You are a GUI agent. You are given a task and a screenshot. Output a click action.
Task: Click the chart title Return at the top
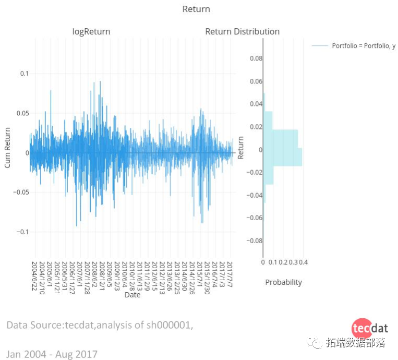196,9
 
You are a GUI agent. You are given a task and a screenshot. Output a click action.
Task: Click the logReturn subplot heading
91,32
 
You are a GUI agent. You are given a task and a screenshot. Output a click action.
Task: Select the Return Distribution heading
242,32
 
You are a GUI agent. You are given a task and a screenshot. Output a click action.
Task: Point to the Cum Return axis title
8,147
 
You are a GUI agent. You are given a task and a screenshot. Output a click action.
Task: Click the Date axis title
132,295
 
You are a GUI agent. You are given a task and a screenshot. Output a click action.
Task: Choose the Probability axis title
283,282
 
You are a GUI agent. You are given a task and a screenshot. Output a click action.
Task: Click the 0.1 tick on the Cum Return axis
25,74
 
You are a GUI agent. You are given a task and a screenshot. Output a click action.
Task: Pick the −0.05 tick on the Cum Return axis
21,193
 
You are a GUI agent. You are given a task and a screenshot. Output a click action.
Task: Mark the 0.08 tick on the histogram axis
256,58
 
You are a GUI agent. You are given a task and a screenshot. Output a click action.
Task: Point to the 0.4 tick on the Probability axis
304,262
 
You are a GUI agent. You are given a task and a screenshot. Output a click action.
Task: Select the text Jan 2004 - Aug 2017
52,354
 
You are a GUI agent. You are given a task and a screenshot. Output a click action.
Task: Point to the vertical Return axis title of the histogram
240,148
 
